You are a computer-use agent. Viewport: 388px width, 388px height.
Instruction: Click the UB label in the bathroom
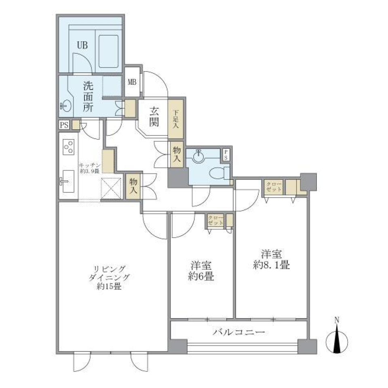click(82, 45)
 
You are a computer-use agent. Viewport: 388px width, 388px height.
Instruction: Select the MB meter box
click(132, 82)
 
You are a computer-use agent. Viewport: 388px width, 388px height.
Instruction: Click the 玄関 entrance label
click(153, 116)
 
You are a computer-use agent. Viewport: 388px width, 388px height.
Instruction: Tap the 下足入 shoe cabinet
click(176, 119)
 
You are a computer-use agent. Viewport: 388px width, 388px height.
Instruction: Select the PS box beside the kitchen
click(64, 125)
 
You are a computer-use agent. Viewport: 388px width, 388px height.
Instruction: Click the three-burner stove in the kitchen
click(67, 147)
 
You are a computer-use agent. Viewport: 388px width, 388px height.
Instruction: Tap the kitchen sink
click(67, 180)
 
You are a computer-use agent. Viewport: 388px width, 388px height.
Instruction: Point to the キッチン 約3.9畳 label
click(89, 168)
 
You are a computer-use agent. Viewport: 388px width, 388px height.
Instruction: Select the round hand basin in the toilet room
click(198, 156)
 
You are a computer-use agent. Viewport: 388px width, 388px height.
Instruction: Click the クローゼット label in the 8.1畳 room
click(273, 187)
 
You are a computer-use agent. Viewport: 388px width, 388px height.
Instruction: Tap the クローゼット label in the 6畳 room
click(215, 221)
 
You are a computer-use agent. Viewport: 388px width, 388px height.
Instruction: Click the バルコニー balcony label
click(239, 332)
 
